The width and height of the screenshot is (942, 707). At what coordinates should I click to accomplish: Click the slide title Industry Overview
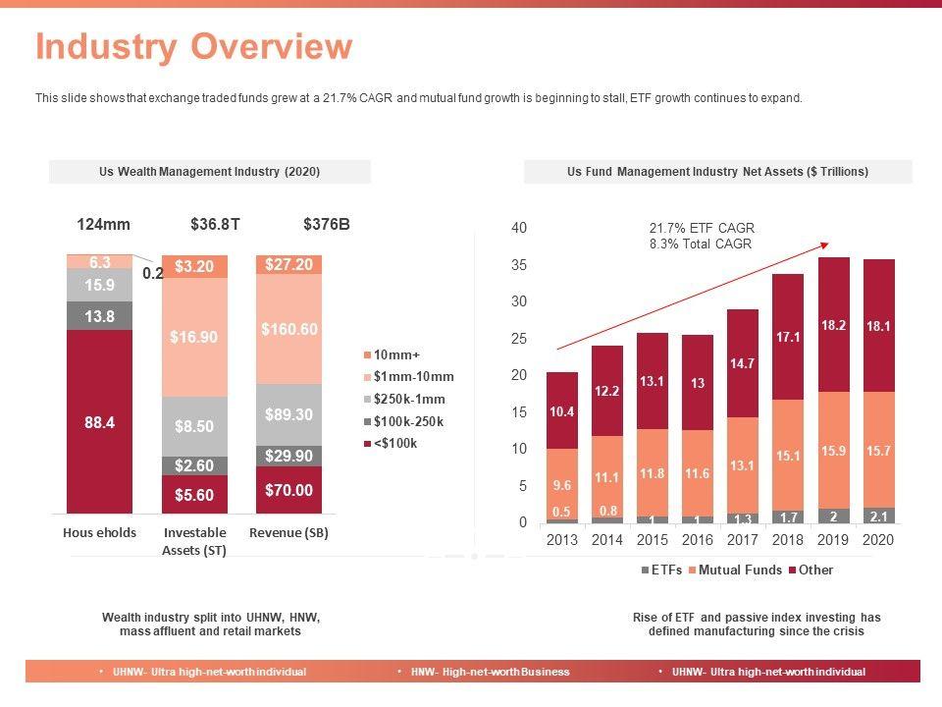[193, 47]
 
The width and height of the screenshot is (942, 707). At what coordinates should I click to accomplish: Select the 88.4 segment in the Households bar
[100, 422]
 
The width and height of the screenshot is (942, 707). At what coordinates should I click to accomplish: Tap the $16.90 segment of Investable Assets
[194, 337]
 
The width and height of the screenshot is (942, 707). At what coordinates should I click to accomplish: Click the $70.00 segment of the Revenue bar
[288, 490]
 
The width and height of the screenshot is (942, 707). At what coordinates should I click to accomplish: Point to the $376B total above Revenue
[327, 225]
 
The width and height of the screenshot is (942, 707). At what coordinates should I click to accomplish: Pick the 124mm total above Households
[103, 225]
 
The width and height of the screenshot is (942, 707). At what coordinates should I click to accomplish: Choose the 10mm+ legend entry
[396, 354]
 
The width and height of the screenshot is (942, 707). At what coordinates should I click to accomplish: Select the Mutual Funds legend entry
[734, 570]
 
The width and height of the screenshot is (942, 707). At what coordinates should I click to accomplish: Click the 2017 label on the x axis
[743, 540]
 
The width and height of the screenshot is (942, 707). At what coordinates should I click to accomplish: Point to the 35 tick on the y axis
[519, 265]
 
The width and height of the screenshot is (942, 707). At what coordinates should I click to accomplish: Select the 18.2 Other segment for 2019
[834, 325]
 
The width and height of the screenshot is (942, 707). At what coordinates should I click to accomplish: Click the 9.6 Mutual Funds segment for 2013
[562, 484]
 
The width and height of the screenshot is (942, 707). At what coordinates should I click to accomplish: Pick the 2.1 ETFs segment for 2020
[879, 516]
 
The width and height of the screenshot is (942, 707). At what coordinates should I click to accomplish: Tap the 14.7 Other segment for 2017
[743, 363]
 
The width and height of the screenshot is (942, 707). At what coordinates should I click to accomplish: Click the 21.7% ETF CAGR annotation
[702, 228]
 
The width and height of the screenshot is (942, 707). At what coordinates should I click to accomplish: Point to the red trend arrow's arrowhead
[825, 245]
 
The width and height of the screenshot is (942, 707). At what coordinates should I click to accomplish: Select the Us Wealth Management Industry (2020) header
[210, 172]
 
